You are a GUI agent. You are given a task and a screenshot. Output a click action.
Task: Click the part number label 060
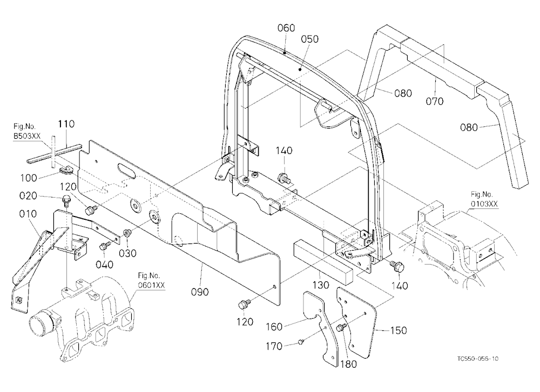pos(286,28)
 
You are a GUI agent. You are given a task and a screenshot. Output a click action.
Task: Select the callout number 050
pos(309,39)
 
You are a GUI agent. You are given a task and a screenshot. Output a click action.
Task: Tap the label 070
pos(435,102)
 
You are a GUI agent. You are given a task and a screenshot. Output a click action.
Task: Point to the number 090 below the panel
pos(200,292)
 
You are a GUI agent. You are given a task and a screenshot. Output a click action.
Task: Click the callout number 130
pos(320,285)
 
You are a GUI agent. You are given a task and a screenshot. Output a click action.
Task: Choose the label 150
pos(399,330)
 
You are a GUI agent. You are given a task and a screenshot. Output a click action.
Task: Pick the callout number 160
pos(274,327)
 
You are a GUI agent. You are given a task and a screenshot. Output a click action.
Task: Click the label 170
pos(274,346)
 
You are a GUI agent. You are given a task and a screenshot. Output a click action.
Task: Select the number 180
pos(348,364)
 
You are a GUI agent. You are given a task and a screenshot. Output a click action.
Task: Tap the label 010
pos(28,214)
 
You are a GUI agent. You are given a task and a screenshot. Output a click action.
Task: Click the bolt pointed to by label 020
pos(65,200)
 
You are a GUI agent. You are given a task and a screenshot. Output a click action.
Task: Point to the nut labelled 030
pos(127,233)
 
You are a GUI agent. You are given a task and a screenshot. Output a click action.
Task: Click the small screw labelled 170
pos(301,342)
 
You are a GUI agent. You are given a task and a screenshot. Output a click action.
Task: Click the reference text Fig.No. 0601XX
pos(151,280)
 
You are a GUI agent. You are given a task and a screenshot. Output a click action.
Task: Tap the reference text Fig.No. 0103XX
pos(484,199)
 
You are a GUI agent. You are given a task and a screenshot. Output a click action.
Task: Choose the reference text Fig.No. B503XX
pos(27,131)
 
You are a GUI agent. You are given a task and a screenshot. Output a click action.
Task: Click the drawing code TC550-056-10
pos(478,359)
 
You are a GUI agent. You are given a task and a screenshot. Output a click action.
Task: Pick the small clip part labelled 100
pos(65,169)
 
